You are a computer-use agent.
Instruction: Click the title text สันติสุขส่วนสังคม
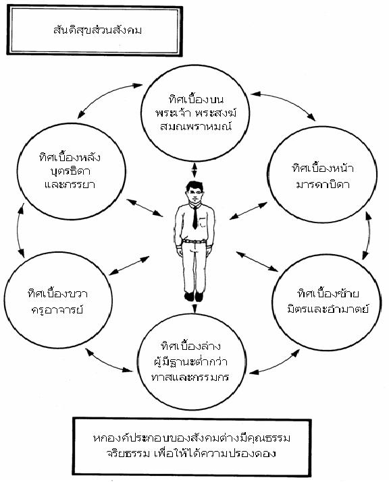pos(97,30)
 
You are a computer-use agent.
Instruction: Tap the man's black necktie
pos(195,217)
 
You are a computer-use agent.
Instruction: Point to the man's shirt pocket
pos(203,222)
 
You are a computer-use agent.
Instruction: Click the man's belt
pos(194,241)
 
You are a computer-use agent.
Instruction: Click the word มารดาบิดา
pos(322,184)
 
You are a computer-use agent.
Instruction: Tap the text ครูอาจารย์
pos(57,309)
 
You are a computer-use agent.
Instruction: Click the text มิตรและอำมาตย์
pos(328,308)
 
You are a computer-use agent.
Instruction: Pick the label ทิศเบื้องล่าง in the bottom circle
pos(191,346)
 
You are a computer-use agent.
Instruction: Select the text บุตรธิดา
pos(70,171)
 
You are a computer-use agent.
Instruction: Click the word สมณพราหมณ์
pos(197,126)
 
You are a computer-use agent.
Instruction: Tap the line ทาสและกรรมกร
pos(190,377)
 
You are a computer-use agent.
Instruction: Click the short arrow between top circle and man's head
pos(194,171)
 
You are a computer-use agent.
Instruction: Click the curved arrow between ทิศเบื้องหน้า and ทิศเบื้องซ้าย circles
pos(368,235)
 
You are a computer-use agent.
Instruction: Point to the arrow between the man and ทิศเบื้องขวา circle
pos(130,266)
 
